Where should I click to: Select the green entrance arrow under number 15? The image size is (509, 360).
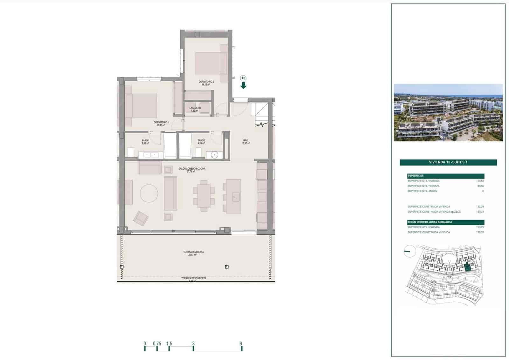(x=243, y=85)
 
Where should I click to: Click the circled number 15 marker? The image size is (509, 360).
(x=243, y=78)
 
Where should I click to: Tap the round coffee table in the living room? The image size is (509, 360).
(x=149, y=193)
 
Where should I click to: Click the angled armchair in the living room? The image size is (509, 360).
(x=141, y=218)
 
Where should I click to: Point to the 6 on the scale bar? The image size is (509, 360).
(x=241, y=343)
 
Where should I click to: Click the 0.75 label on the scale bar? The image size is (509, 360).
(x=157, y=343)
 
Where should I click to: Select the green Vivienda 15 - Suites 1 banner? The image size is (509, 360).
(x=448, y=162)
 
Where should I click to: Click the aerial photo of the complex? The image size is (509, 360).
(x=448, y=112)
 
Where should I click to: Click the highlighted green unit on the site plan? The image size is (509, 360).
(x=467, y=268)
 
